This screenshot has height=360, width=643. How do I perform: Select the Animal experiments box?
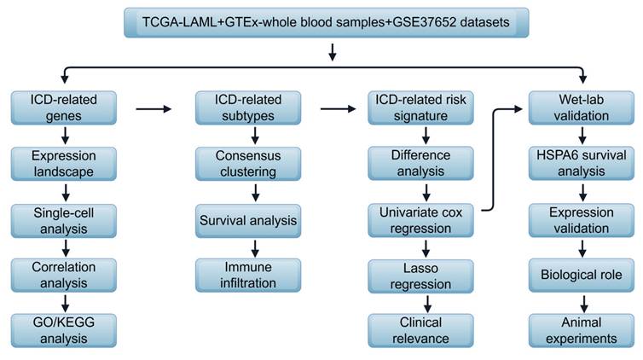click(581, 330)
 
